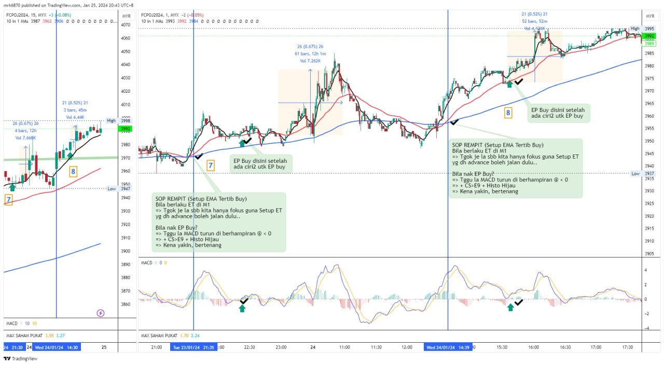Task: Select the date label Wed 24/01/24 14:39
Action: pyautogui.click(x=448, y=347)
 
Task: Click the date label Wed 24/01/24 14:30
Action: pyautogui.click(x=57, y=347)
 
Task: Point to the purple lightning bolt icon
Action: pyautogui.click(x=101, y=313)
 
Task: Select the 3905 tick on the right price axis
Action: pyautogui.click(x=649, y=254)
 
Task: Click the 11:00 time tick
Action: pyautogui.click(x=344, y=347)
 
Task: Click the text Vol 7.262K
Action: pyautogui.click(x=310, y=61)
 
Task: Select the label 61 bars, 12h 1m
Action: pyautogui.click(x=310, y=54)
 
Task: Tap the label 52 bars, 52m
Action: pyautogui.click(x=535, y=21)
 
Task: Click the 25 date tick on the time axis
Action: pyautogui.click(x=104, y=347)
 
